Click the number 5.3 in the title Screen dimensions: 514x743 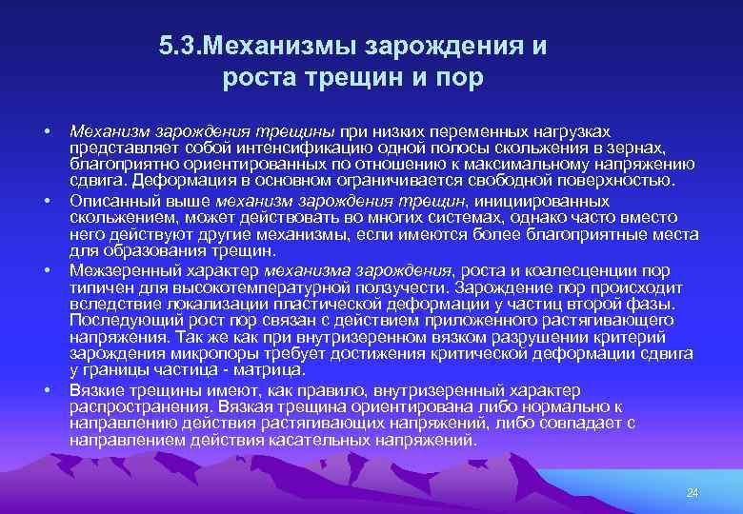(181, 47)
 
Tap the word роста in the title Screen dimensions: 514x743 (258, 78)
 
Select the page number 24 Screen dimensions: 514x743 (693, 491)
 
